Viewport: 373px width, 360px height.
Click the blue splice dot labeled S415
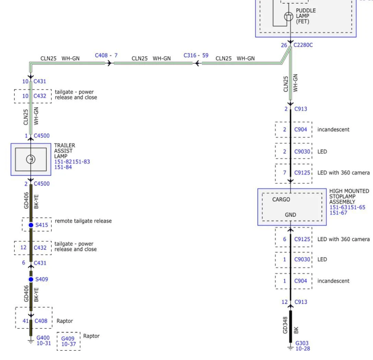click(31, 225)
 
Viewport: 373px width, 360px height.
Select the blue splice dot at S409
click(31, 279)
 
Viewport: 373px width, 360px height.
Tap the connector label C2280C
click(303, 45)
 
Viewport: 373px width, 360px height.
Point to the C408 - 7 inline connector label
click(106, 56)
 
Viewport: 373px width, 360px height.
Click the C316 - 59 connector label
click(196, 55)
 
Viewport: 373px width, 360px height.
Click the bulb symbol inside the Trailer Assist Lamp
click(31, 159)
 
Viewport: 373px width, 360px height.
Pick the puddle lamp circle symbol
click(289, 16)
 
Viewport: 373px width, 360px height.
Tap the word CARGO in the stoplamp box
click(281, 200)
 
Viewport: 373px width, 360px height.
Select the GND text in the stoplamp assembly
click(290, 215)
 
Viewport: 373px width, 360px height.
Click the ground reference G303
click(302, 343)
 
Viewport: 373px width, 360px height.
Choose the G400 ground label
click(43, 338)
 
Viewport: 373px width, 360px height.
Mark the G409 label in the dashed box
click(68, 339)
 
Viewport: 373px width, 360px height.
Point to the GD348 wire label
click(285, 325)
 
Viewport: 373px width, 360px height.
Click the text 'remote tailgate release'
click(83, 221)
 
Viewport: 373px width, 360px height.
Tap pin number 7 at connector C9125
click(284, 172)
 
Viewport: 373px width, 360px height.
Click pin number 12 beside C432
click(24, 247)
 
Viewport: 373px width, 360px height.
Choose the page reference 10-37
click(68, 344)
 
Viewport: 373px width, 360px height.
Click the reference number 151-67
click(338, 213)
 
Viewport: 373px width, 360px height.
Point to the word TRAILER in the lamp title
click(64, 145)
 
